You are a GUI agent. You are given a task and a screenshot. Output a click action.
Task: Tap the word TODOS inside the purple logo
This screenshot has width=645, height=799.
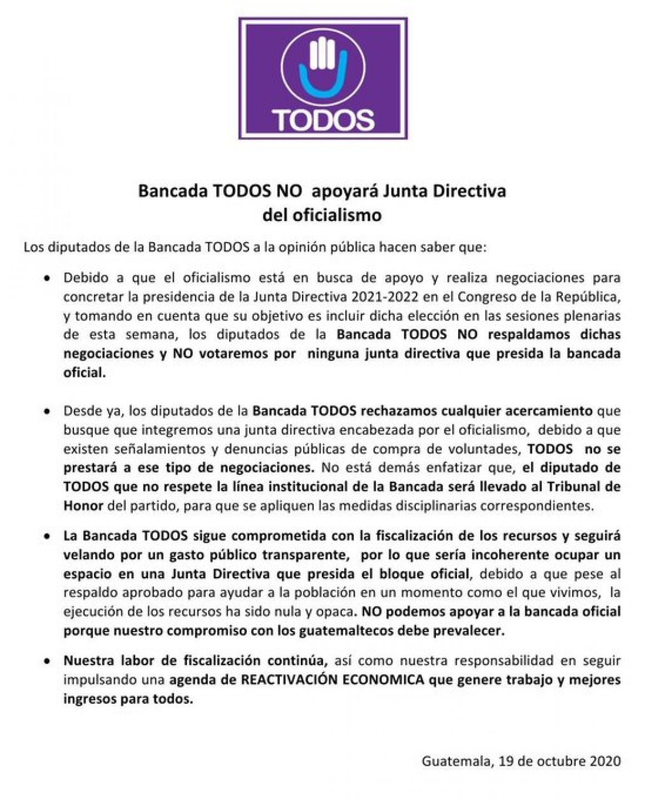click(x=322, y=117)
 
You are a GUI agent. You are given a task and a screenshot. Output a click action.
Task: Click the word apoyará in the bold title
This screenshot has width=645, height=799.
click(x=339, y=191)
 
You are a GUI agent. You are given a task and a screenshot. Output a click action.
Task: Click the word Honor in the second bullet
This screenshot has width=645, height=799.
click(x=83, y=506)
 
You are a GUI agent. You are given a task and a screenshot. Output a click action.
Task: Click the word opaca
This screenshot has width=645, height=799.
click(x=339, y=611)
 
